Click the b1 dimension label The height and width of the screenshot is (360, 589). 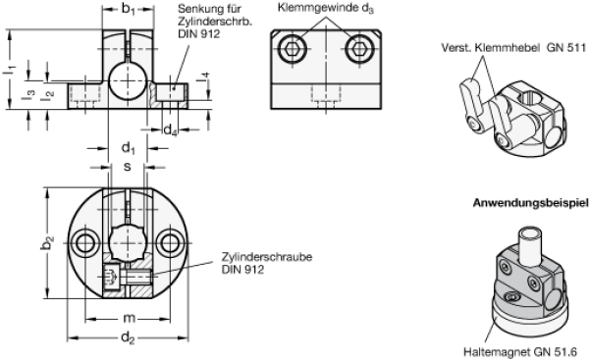pos(128,10)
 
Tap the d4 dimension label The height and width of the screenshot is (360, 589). pos(170,129)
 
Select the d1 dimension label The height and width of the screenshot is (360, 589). pos(128,148)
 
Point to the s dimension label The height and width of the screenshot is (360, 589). pos(128,167)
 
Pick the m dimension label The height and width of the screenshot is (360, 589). pos(130,319)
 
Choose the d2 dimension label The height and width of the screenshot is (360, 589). pos(128,338)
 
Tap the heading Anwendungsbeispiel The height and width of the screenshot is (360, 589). pos(530,203)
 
